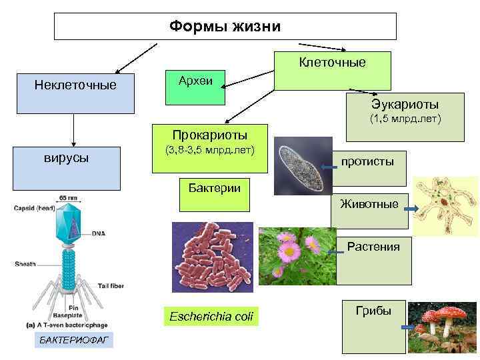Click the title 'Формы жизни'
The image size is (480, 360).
pos(225,27)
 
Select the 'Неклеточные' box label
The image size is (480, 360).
pos(75,85)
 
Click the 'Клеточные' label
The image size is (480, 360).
pos(332,63)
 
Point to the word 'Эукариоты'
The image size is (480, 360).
pos(405,105)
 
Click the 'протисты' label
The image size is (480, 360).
pos(367,161)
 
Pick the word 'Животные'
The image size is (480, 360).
pos(369,203)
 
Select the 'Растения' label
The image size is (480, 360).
pos(373,247)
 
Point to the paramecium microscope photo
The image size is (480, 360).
pos(303,165)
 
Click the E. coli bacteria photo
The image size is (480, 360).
pos(212,257)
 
